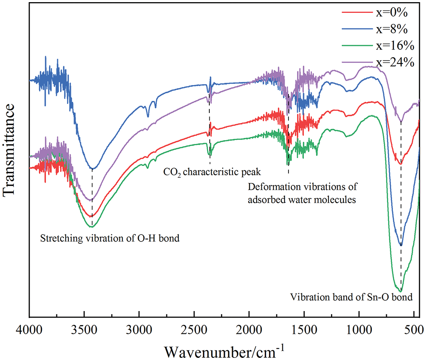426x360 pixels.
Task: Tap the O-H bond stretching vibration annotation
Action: coord(110,238)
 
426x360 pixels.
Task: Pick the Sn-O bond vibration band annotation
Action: coord(351,297)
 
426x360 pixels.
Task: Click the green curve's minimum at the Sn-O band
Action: coord(401,291)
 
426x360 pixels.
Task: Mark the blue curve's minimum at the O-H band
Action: coord(93,168)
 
